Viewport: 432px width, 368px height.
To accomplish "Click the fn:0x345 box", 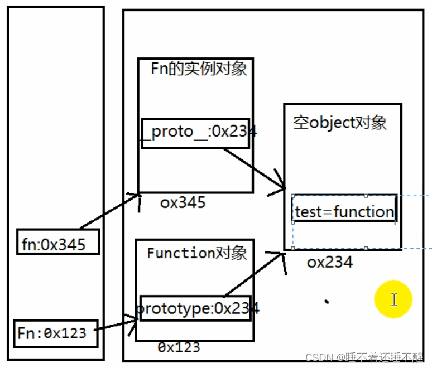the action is point(58,241).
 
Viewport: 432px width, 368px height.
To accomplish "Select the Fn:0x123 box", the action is point(56,333).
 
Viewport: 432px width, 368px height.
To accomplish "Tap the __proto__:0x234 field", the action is point(195,133).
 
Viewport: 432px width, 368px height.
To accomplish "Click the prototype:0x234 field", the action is point(195,308).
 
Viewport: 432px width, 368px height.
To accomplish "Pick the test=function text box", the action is point(344,209).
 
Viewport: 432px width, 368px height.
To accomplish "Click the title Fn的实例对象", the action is point(199,69).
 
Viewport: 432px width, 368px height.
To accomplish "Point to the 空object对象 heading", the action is point(340,123).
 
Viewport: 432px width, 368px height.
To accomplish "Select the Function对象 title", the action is point(197,253).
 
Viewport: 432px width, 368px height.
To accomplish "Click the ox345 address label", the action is point(183,202).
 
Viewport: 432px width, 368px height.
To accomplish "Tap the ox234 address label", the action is point(330,262).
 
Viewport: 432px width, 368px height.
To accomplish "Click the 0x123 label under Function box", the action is point(179,347).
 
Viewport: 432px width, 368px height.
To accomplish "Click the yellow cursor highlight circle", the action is point(393,299).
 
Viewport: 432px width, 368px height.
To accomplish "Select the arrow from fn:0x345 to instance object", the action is point(110,211).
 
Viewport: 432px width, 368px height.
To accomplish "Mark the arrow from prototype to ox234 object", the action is point(253,274).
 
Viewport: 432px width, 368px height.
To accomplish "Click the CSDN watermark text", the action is point(364,357).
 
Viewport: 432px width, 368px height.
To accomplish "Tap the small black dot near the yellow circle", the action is point(327,302).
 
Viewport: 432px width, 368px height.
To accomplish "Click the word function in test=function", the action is point(364,211).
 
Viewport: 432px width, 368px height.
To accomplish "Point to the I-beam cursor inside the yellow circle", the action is point(394,299).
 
